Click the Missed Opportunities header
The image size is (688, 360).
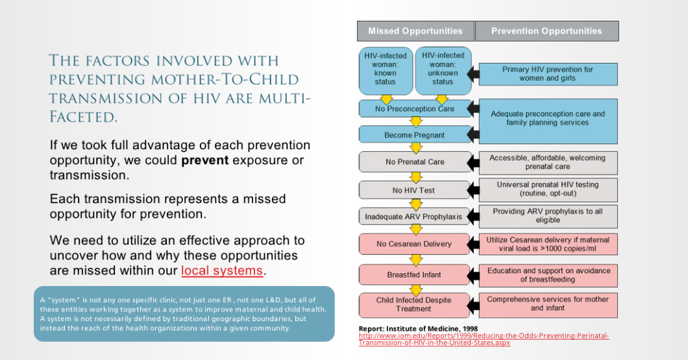[415, 31]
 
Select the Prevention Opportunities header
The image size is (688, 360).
[547, 31]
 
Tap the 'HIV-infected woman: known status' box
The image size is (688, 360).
[386, 69]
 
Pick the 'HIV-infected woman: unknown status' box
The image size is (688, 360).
[443, 69]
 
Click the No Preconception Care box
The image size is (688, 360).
[415, 109]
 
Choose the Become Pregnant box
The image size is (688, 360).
[415, 135]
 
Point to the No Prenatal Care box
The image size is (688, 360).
[415, 162]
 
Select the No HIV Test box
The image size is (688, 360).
[413, 190]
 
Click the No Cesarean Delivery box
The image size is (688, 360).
[413, 244]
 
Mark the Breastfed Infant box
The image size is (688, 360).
[413, 275]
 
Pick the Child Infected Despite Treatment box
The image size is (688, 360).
[413, 304]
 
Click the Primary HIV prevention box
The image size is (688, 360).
[548, 74]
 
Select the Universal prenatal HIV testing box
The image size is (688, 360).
[548, 189]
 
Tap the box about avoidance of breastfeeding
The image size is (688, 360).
[548, 275]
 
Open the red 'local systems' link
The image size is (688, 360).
[222, 270]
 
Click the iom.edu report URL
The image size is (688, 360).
[484, 339]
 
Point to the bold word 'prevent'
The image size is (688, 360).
[204, 160]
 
